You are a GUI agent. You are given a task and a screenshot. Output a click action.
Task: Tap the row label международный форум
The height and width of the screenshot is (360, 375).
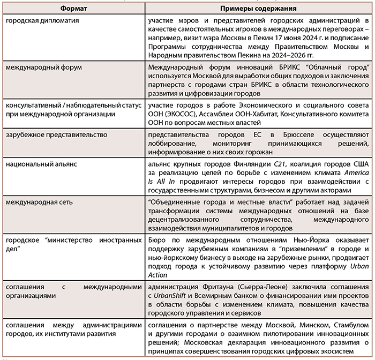click(41, 67)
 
